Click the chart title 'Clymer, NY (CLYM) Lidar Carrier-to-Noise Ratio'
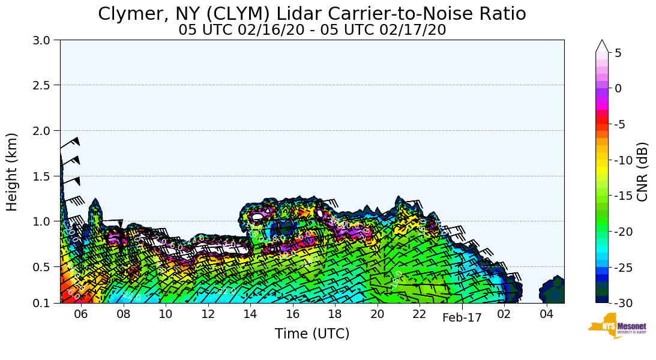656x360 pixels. pos(311,14)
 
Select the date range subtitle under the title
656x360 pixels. pos(312,29)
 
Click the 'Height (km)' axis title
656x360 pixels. pos(13,172)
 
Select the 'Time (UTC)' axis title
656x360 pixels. pos(312,334)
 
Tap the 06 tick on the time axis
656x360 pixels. pos(81,314)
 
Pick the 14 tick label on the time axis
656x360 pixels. pos(250,314)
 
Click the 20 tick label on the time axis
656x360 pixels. pos(377,314)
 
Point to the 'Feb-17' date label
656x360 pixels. pos(462,318)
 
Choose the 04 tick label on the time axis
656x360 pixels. pos(546,314)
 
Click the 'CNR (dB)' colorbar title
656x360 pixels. pos(642,172)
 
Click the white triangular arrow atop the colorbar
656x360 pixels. pos(602,46)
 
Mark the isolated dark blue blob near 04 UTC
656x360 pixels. pos(553,291)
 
